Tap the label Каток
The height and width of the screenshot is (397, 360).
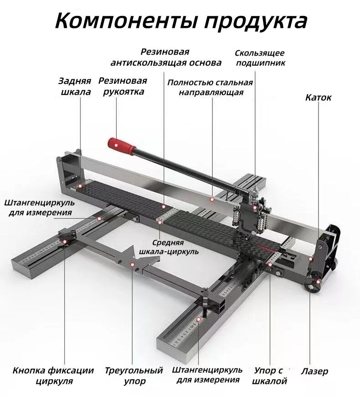click(x=318, y=97)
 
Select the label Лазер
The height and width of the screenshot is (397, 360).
click(x=314, y=371)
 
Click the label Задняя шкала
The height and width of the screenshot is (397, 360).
click(x=75, y=87)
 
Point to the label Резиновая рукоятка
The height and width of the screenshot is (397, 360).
click(x=123, y=87)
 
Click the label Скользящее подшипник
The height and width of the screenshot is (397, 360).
click(x=260, y=58)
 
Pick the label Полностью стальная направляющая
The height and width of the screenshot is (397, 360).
click(x=210, y=87)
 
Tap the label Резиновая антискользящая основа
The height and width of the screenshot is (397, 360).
click(x=166, y=57)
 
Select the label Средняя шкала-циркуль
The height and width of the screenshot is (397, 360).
click(x=169, y=247)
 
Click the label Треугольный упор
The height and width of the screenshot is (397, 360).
click(x=134, y=376)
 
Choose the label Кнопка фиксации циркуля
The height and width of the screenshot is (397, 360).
click(x=53, y=376)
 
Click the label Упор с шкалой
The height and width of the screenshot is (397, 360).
click(x=269, y=376)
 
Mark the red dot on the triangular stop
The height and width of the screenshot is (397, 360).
click(x=132, y=265)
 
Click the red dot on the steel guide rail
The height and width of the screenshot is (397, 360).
click(x=212, y=199)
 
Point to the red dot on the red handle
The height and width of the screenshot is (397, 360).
click(x=116, y=145)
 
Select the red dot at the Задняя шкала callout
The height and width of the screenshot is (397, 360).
click(x=80, y=186)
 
